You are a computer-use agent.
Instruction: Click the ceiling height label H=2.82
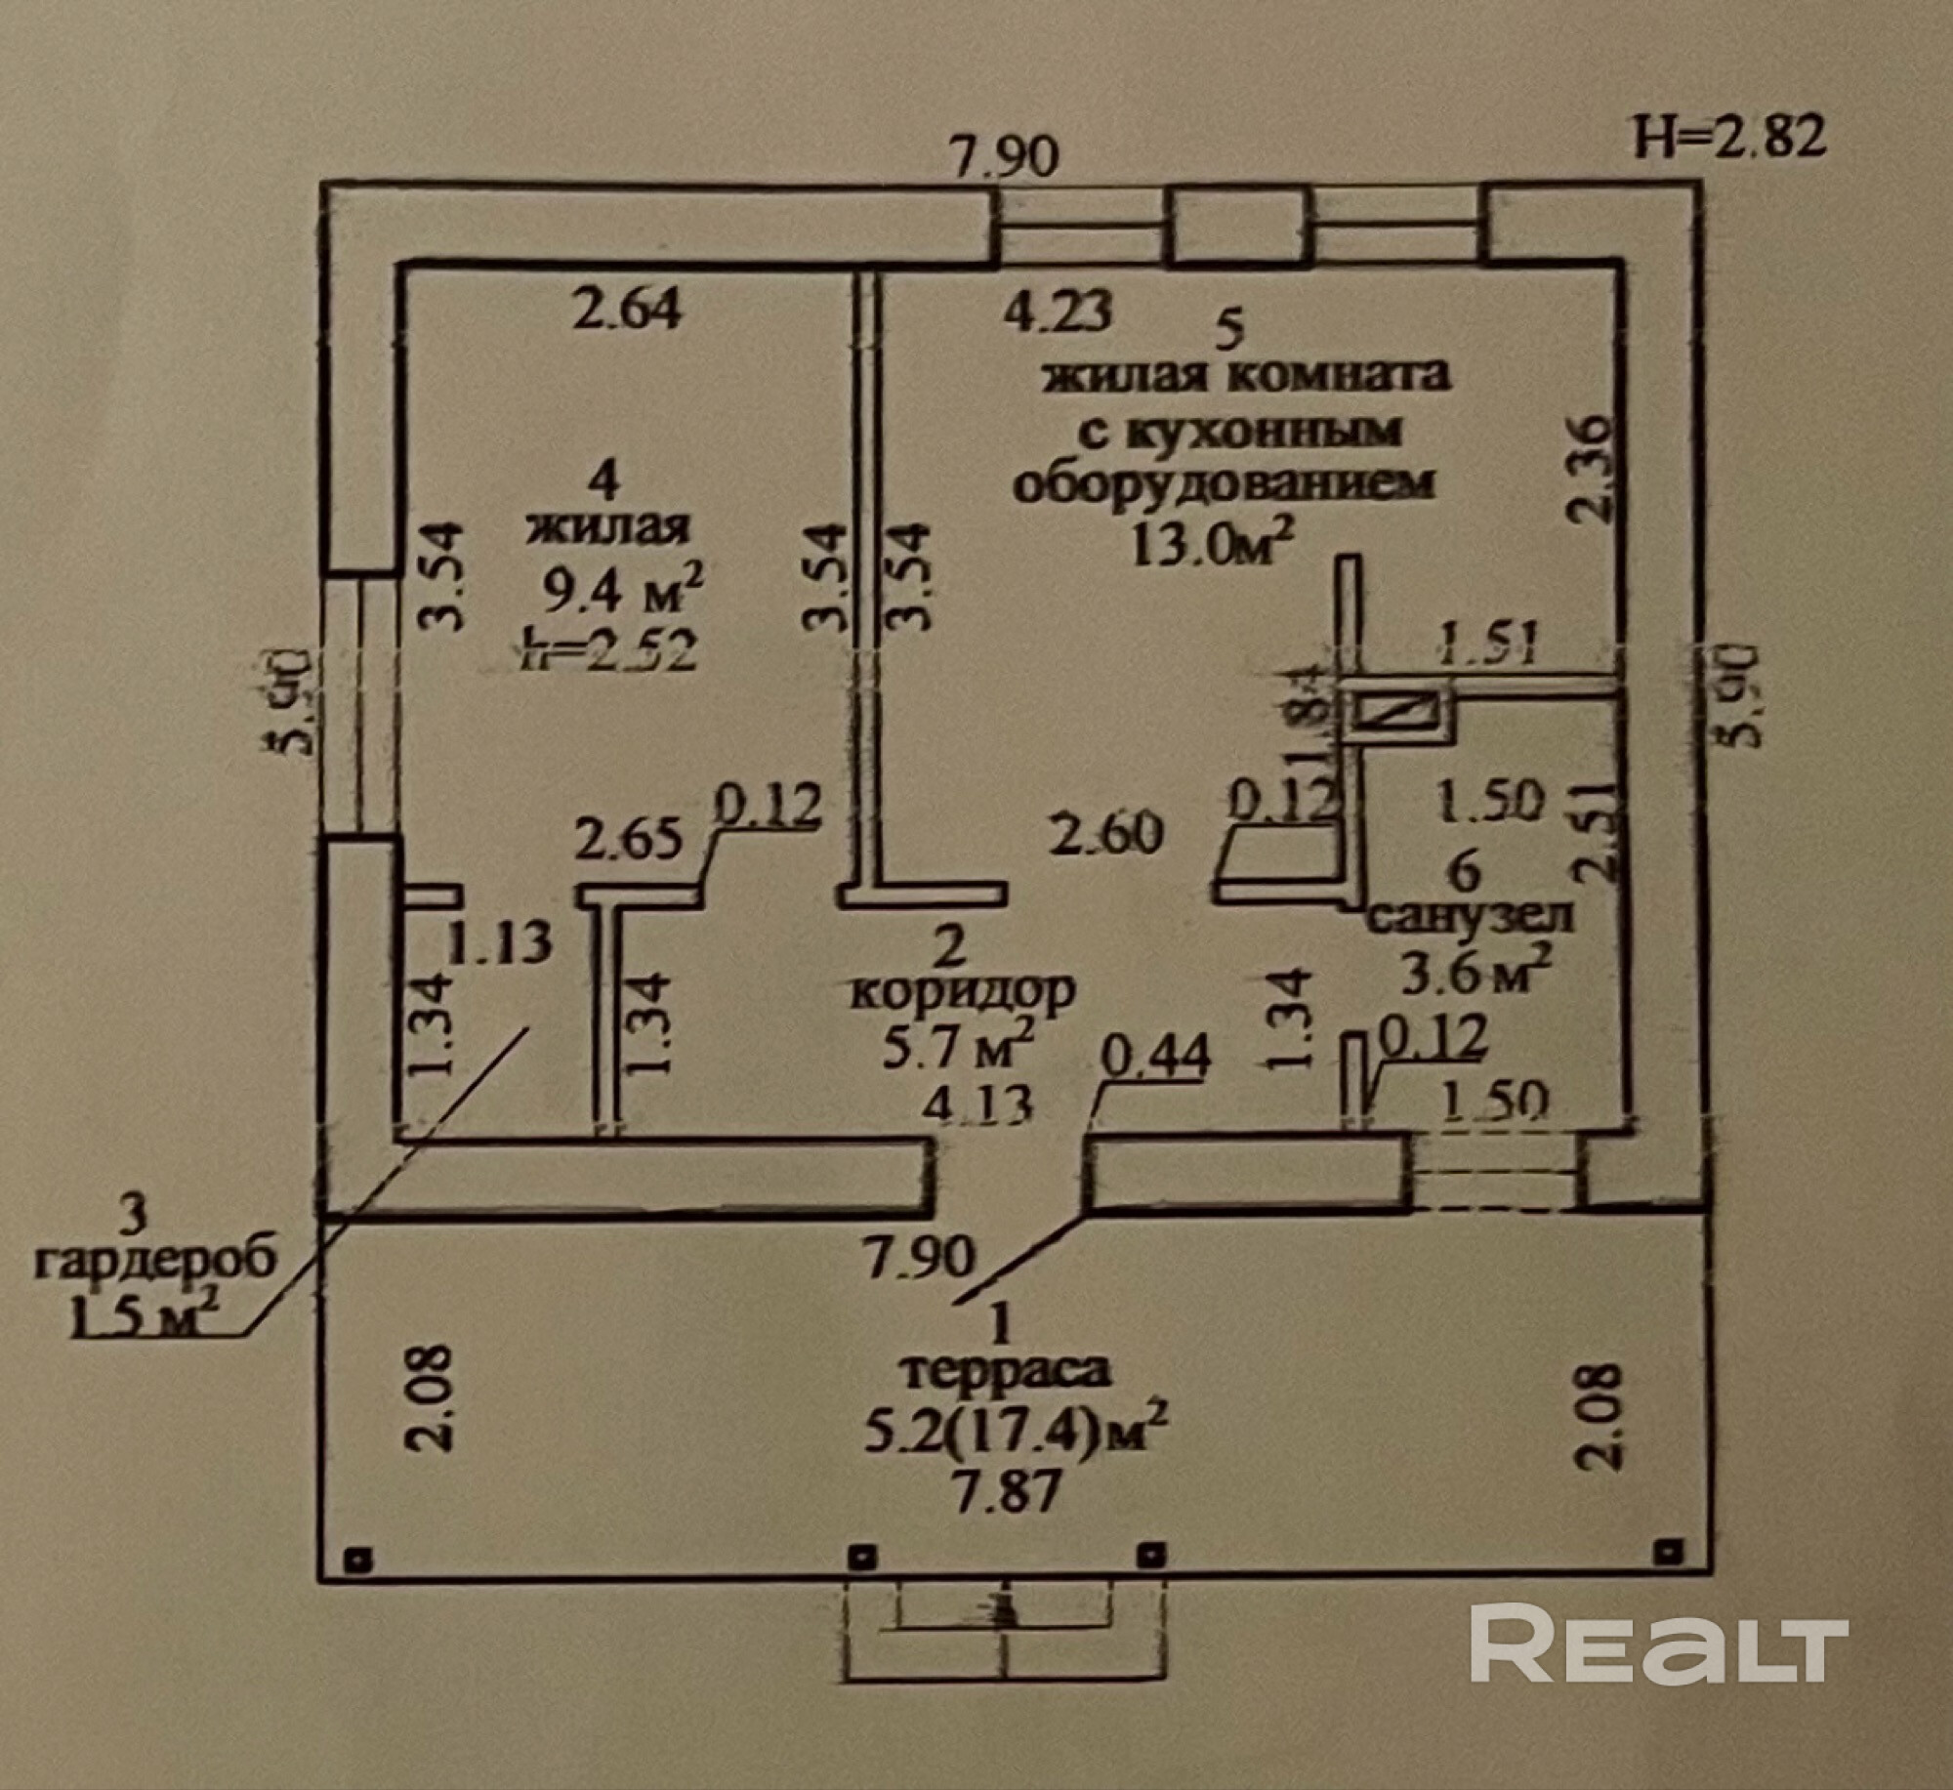tap(1729, 137)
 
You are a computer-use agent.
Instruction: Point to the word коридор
tap(963, 991)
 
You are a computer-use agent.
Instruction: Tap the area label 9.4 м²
tap(623, 591)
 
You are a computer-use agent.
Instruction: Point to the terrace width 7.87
tap(1006, 1492)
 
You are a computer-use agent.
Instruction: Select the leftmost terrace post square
tap(359, 1560)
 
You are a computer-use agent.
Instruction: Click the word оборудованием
tap(1225, 483)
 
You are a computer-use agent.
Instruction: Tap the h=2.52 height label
tap(610, 648)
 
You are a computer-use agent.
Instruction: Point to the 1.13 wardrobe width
tap(500, 943)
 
